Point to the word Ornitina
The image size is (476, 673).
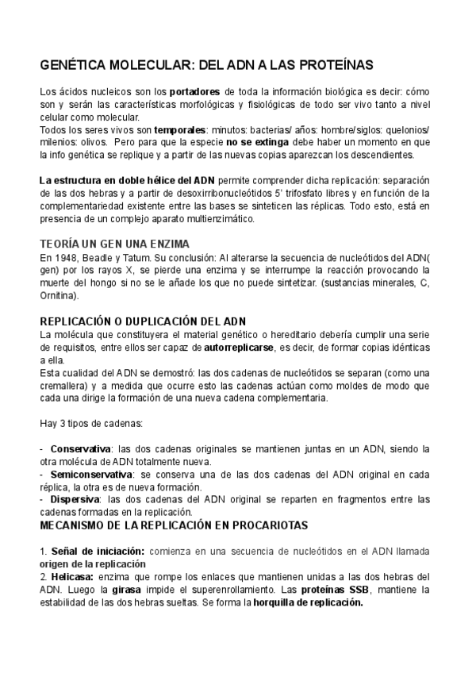coord(57,295)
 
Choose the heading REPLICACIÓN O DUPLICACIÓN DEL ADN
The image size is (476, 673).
coord(143,321)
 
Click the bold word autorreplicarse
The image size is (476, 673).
coord(240,348)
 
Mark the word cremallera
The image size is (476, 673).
coord(65,386)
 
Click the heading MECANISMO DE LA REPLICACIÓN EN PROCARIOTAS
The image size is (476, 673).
coord(172,525)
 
